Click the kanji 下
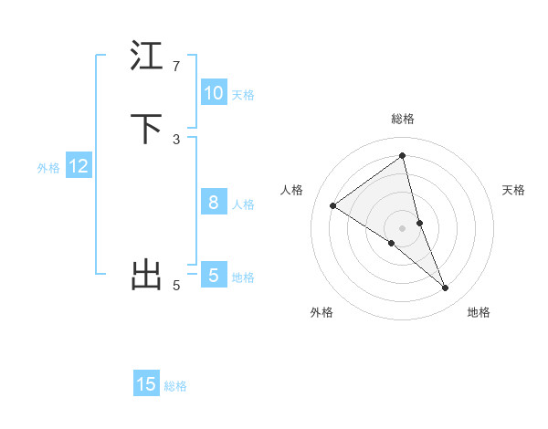click(x=146, y=129)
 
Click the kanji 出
click(x=146, y=275)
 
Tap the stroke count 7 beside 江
click(x=176, y=67)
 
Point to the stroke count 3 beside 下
click(x=176, y=139)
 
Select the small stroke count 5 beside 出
click(x=176, y=286)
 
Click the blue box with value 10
click(x=214, y=93)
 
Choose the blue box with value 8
click(x=214, y=203)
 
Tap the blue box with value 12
click(x=79, y=166)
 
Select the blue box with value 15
click(x=146, y=384)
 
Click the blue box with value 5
click(x=214, y=276)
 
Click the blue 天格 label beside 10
click(x=243, y=94)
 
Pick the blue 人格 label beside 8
click(x=243, y=204)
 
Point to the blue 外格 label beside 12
click(x=48, y=167)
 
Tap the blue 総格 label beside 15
click(x=175, y=385)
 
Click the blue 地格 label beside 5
click(x=243, y=277)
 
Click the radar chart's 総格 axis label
click(x=403, y=119)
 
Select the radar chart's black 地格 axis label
click(x=479, y=312)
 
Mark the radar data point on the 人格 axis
click(x=332, y=205)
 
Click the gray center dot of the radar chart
click(x=403, y=227)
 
